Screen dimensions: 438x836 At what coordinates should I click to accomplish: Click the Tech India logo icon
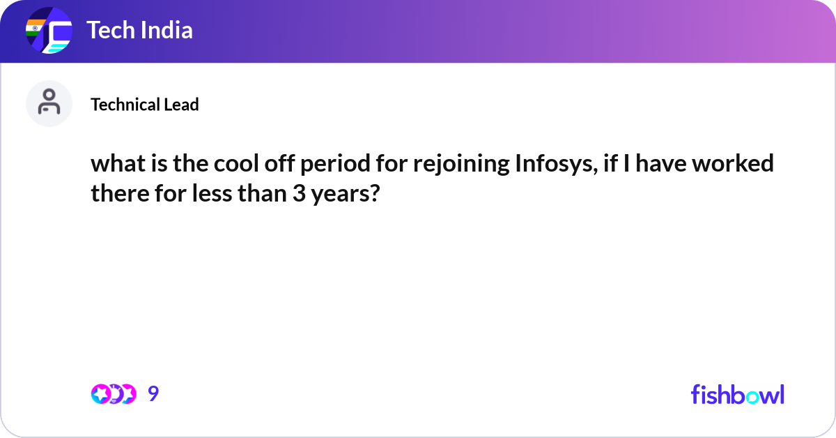pos(49,31)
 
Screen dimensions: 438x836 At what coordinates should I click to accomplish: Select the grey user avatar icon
pos(49,103)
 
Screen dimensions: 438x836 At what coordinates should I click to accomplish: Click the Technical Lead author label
pos(145,105)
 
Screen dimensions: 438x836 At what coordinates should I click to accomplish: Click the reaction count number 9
pos(153,394)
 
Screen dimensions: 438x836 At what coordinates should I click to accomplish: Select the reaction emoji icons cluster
pos(113,394)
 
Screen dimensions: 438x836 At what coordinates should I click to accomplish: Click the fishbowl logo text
pos(737,394)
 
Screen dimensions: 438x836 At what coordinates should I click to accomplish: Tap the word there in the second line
pos(116,193)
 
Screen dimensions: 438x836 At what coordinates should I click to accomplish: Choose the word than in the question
pos(261,193)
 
